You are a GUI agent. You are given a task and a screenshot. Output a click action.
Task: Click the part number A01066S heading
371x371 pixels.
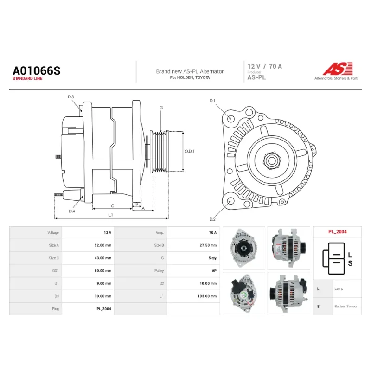37,71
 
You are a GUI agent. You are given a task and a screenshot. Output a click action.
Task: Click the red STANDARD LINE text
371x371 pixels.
27,78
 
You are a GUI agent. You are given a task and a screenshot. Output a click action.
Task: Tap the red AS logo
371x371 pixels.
338,69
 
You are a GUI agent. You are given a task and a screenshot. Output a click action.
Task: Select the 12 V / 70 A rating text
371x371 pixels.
264,66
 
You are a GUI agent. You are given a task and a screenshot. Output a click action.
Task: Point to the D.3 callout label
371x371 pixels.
71,97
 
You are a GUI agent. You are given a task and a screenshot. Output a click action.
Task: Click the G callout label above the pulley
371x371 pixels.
161,108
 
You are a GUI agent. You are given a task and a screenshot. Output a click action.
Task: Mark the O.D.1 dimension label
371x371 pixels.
189,151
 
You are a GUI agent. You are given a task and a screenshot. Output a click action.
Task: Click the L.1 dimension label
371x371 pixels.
110,215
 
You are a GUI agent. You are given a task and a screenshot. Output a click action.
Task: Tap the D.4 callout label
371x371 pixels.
72,211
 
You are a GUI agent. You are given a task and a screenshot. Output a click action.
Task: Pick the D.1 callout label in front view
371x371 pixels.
212,101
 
